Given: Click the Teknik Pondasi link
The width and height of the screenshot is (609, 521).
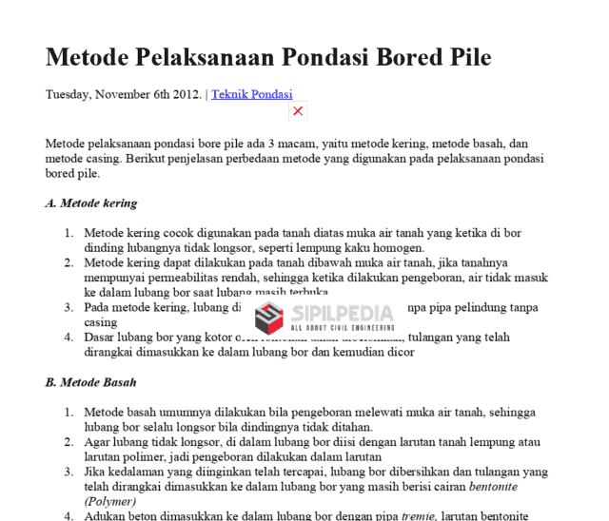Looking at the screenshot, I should click(x=251, y=94).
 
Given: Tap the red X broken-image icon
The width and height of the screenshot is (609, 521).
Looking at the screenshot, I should click(x=298, y=111).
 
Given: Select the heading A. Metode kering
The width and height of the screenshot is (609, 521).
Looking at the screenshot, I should click(x=91, y=203).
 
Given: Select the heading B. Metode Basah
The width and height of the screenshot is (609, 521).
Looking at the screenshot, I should click(x=91, y=382).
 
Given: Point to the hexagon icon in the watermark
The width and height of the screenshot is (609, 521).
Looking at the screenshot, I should click(x=270, y=318).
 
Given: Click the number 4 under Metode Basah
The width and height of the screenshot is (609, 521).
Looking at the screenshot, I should click(x=69, y=516).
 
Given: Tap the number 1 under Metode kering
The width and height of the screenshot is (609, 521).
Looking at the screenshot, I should click(x=69, y=232).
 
